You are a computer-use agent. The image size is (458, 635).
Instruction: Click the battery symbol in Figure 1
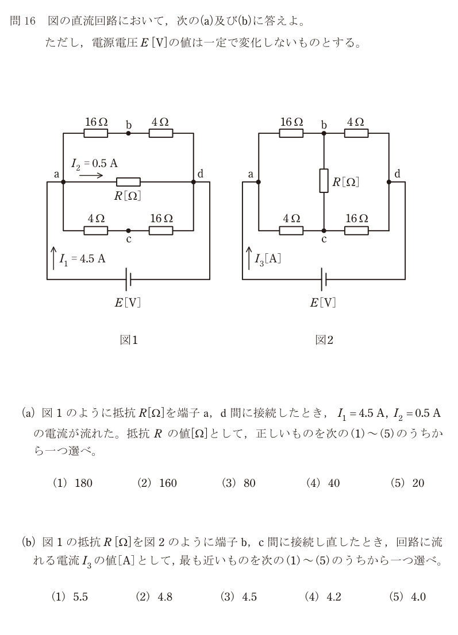tap(128, 279)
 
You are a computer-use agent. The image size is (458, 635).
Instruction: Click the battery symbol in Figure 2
tap(324, 279)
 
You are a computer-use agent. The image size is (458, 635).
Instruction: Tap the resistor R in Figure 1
tap(129, 182)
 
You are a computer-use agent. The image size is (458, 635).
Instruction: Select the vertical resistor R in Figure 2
tap(324, 181)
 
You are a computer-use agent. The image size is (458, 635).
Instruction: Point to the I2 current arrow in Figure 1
tap(91, 176)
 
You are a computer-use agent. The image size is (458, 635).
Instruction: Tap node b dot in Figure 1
tap(129, 133)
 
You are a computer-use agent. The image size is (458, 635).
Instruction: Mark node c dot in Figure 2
tap(324, 231)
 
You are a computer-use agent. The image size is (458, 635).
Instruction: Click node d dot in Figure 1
tap(193, 182)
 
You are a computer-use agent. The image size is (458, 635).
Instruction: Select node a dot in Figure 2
tap(259, 182)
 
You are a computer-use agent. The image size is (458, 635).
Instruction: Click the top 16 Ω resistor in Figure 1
tap(96, 133)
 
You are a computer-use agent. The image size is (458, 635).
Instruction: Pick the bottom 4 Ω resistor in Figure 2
tap(291, 231)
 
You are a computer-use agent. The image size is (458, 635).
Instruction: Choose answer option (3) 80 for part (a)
tap(238, 483)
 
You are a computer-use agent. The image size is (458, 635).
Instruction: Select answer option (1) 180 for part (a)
tap(72, 483)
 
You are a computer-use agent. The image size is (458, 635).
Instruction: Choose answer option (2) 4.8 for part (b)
tap(153, 597)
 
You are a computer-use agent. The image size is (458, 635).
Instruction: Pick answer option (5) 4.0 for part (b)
tap(407, 597)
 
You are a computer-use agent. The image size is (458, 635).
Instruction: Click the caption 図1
tap(129, 340)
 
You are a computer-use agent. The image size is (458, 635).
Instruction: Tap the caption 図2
tap(324, 340)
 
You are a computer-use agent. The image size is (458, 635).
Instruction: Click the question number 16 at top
tap(30, 21)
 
